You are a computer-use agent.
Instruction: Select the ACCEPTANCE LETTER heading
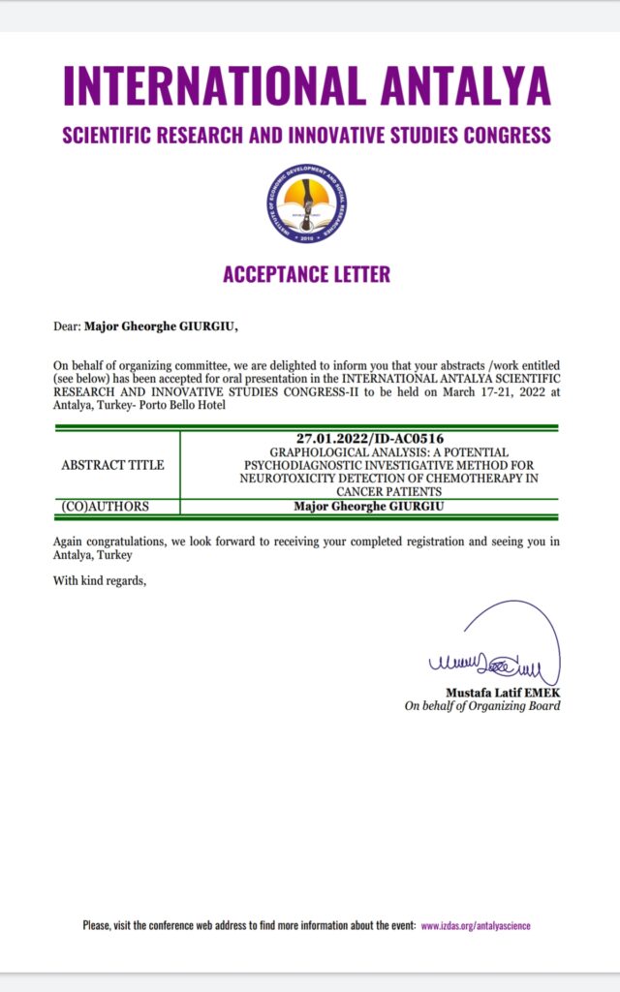tap(306, 274)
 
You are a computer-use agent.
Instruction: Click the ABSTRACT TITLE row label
tap(112, 465)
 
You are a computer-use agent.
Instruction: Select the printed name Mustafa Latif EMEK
tap(503, 693)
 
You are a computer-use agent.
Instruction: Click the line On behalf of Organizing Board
tap(481, 706)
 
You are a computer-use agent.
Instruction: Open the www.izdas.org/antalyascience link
tap(475, 926)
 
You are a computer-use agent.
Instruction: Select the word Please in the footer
tap(97, 926)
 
